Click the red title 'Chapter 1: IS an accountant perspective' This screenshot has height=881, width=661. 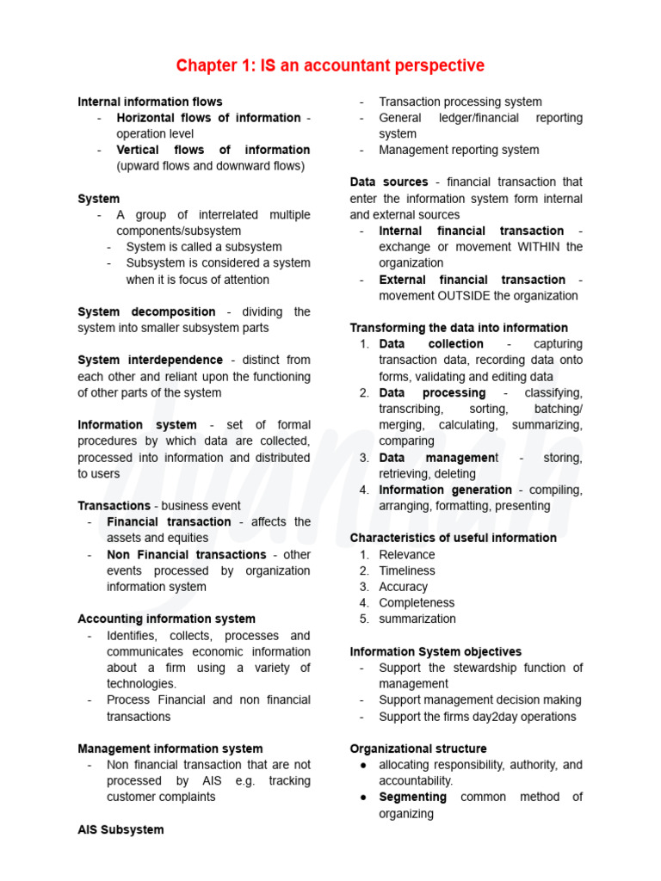[x=330, y=66]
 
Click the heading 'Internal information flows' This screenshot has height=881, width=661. [x=150, y=102]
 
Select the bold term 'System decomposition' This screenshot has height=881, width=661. [x=146, y=311]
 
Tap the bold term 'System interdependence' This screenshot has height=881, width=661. [x=150, y=360]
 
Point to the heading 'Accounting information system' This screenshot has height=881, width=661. [x=166, y=619]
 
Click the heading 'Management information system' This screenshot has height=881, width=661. [x=170, y=749]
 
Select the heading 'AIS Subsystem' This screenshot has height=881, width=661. [x=120, y=829]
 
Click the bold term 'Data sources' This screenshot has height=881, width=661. [x=388, y=182]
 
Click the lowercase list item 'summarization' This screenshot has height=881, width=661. [x=417, y=619]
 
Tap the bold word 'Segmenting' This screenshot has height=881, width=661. [x=412, y=797]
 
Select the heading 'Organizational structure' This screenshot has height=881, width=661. [x=417, y=749]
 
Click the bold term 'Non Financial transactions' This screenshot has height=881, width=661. [x=186, y=555]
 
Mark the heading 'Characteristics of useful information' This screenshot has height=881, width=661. [x=453, y=538]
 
